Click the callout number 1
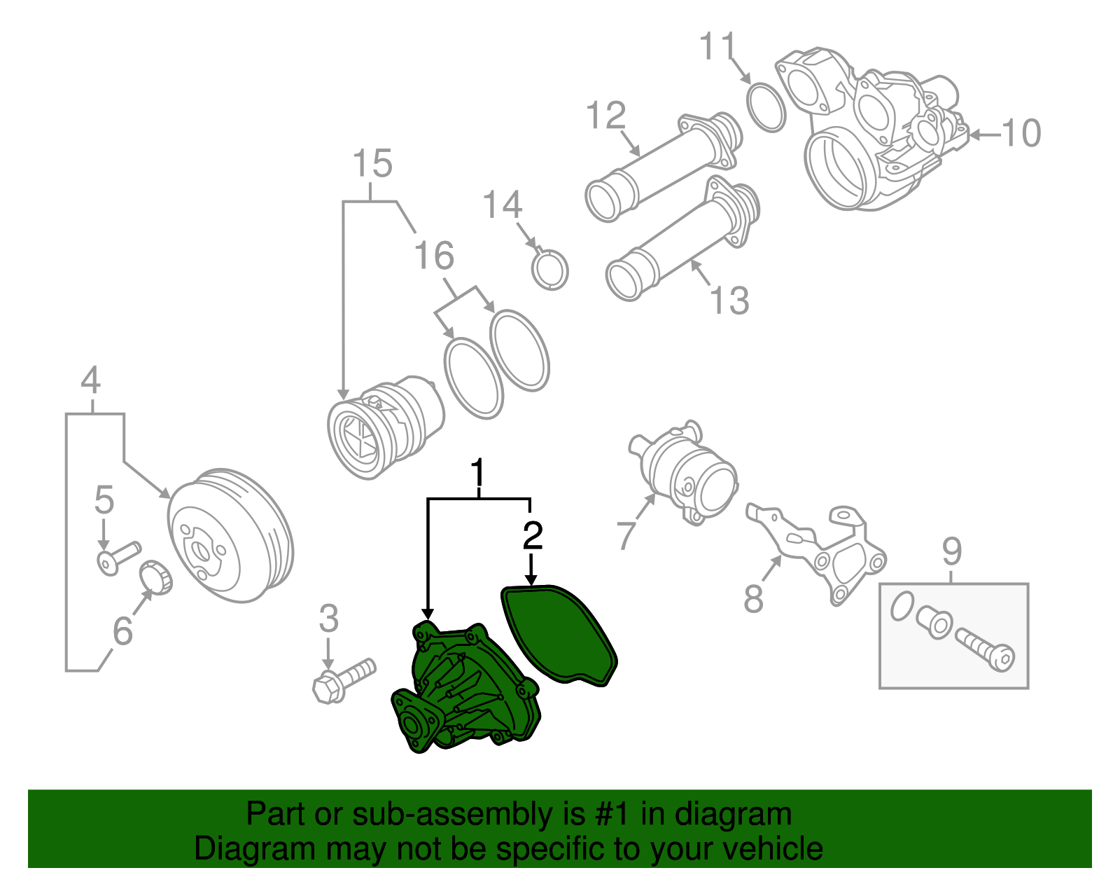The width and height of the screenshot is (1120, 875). pyautogui.click(x=478, y=474)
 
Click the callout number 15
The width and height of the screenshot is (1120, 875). pyautogui.click(x=372, y=164)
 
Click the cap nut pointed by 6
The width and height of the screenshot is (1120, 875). pyautogui.click(x=157, y=577)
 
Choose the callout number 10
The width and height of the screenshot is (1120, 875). pyautogui.click(x=1021, y=133)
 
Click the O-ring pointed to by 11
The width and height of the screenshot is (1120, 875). pyautogui.click(x=766, y=106)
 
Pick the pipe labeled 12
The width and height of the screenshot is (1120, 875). pyautogui.click(x=658, y=165)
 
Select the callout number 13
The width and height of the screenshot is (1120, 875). pyautogui.click(x=729, y=300)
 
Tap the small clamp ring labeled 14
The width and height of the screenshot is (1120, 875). pyautogui.click(x=550, y=270)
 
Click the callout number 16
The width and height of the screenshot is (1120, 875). pyautogui.click(x=434, y=256)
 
